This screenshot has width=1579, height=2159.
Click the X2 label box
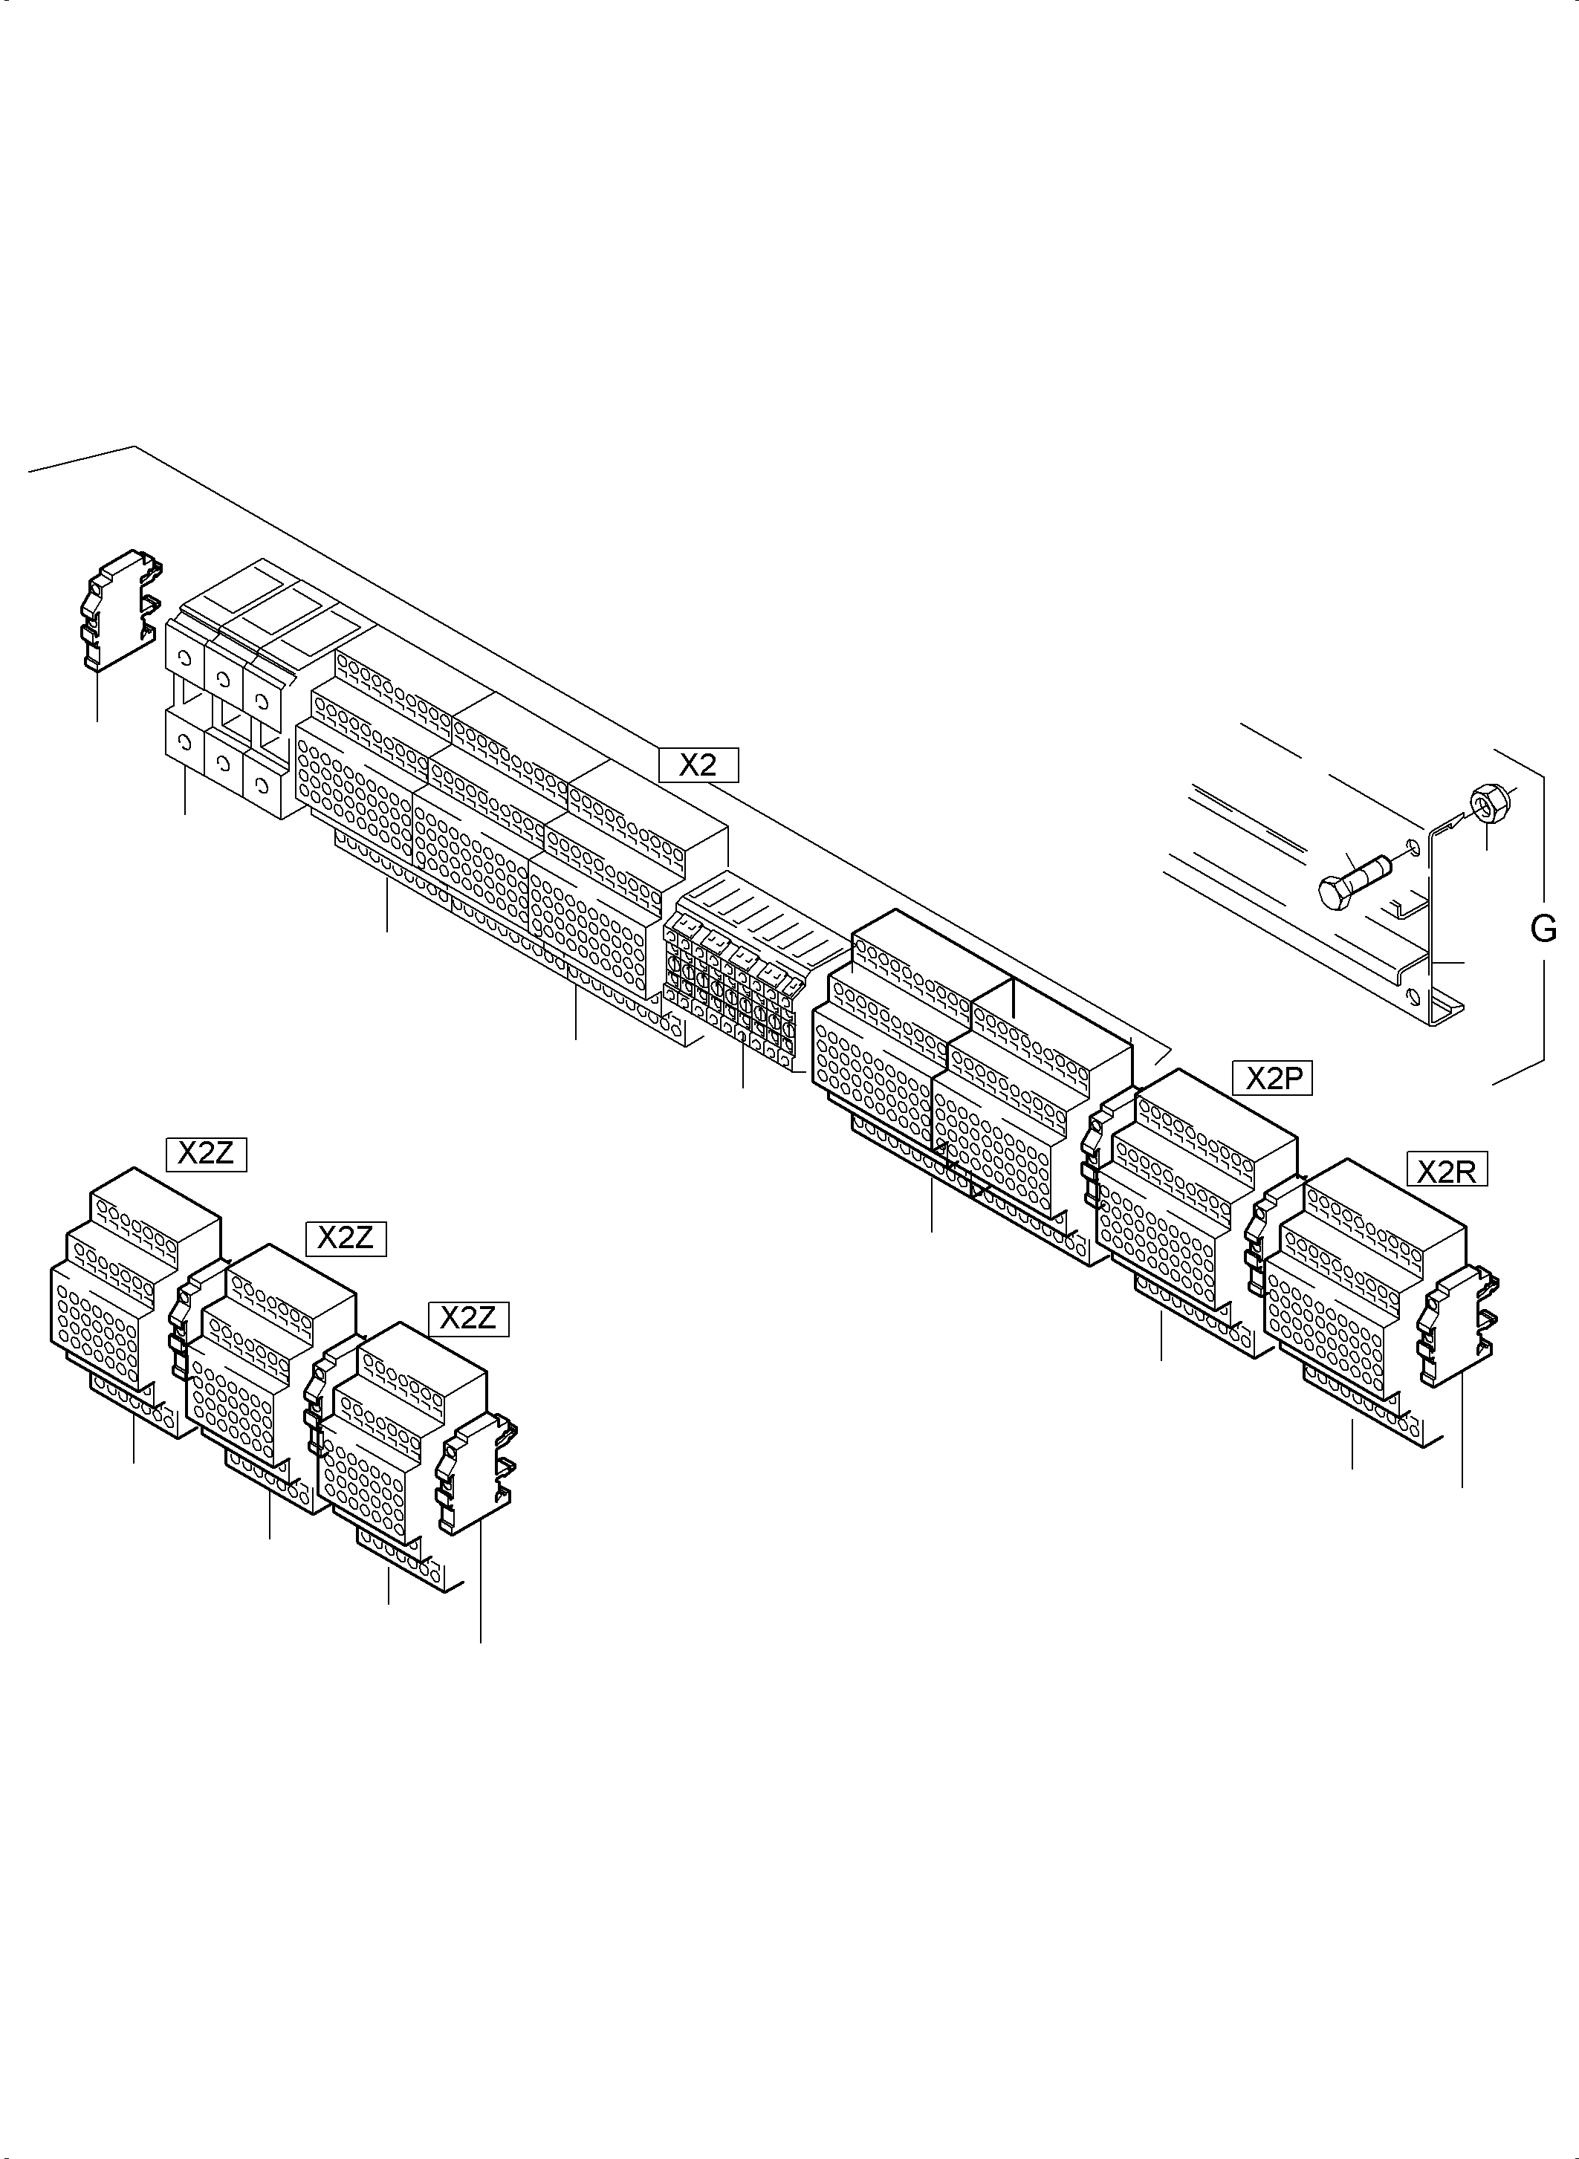click(x=698, y=765)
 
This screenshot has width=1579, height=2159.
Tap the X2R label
click(x=1447, y=1171)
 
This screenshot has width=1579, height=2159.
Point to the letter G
click(x=1543, y=928)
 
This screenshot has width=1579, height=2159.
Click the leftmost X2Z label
click(x=207, y=1154)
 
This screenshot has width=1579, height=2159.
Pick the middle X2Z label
click(x=345, y=1238)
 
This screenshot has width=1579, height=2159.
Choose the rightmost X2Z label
click(x=468, y=1319)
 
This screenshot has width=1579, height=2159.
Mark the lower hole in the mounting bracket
click(x=1413, y=998)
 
